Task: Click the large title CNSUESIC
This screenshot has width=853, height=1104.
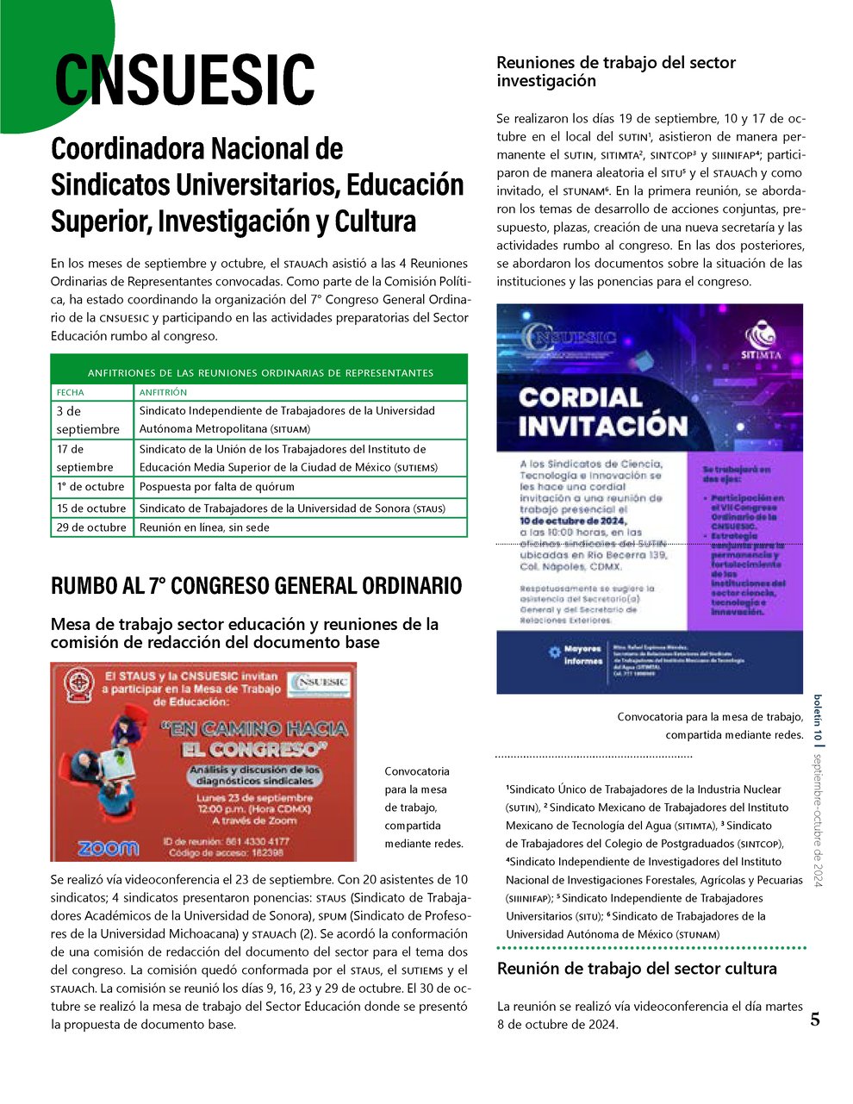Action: (x=184, y=79)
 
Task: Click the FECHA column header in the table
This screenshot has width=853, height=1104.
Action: (x=71, y=392)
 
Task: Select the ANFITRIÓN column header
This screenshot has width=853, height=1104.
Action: (x=163, y=392)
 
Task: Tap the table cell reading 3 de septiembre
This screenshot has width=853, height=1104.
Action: (x=88, y=420)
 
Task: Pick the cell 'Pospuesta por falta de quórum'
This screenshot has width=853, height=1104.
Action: (x=216, y=486)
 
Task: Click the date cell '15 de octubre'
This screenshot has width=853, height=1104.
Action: (x=91, y=508)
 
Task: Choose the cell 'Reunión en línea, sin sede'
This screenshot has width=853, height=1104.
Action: (x=204, y=527)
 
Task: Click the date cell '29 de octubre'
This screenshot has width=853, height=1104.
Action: (x=91, y=527)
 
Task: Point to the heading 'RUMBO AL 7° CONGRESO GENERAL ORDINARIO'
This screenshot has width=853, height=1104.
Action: (x=256, y=586)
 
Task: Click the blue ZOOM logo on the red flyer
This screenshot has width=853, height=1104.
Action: (x=108, y=847)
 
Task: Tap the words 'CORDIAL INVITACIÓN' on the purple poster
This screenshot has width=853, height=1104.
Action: (x=603, y=411)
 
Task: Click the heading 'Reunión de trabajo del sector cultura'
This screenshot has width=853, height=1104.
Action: (x=637, y=969)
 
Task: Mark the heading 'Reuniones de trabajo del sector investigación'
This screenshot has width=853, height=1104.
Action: (x=616, y=72)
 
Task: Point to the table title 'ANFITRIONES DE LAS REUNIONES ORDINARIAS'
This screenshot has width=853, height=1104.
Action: (x=259, y=373)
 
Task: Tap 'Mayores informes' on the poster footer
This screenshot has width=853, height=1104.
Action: (x=582, y=655)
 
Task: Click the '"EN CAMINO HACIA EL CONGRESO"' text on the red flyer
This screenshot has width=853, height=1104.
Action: (x=254, y=738)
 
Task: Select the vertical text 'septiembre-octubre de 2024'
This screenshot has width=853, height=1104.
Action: (x=819, y=820)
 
